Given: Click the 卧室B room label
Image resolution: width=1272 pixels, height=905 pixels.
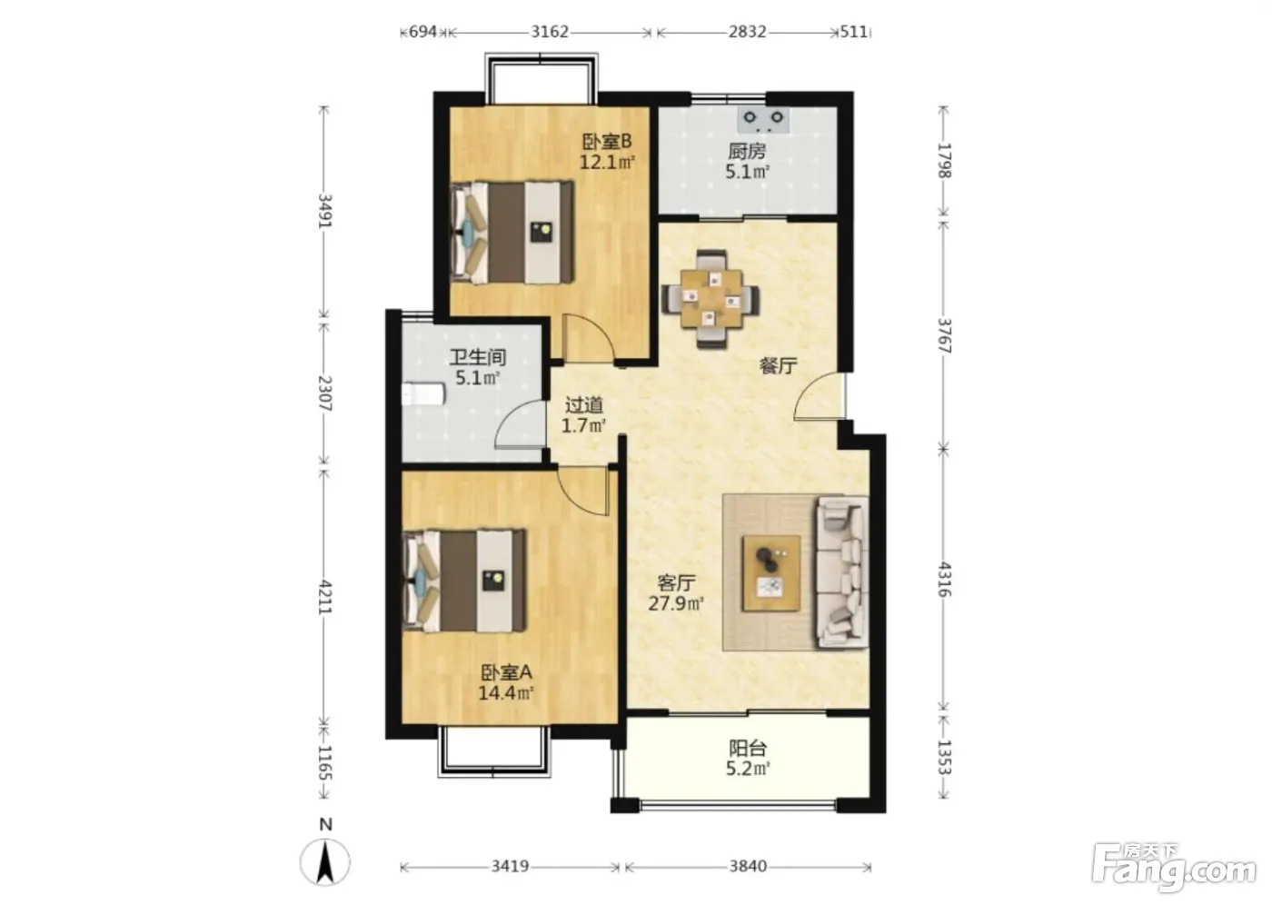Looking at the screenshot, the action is click(607, 141).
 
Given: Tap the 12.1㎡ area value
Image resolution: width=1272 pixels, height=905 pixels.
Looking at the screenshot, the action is click(607, 163).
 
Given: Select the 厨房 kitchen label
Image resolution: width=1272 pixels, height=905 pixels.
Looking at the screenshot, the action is click(747, 151).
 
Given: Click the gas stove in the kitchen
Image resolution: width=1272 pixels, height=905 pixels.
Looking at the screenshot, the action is click(764, 120).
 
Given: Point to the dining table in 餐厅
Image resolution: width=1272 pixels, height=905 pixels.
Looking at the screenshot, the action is click(711, 299).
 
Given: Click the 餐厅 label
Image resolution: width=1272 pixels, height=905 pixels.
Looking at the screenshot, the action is click(778, 366).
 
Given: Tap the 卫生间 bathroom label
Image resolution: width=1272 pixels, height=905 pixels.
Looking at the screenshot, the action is click(478, 357).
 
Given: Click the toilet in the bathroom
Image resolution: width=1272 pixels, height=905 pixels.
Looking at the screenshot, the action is click(422, 394).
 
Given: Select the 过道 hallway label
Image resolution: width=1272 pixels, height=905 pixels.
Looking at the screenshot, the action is click(583, 405).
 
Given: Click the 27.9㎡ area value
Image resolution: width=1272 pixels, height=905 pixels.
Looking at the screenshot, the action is click(676, 603).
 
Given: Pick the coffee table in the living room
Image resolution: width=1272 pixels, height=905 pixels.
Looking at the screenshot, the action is click(771, 573).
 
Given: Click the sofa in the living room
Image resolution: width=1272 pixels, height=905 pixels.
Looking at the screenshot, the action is click(842, 572).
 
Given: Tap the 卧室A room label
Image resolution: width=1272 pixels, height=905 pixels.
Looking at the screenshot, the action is click(506, 672).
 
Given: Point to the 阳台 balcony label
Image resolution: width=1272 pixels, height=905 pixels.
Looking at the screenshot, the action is click(748, 748).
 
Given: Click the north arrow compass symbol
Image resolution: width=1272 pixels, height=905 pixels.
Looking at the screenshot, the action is click(325, 861).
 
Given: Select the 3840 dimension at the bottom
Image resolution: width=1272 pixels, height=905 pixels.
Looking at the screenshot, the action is click(748, 866).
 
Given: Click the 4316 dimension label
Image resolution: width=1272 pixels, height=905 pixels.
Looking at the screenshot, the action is click(943, 579).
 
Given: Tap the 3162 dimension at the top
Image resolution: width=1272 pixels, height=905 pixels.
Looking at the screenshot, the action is click(550, 32).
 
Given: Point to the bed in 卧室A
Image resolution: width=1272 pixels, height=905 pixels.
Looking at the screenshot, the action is click(464, 581).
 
